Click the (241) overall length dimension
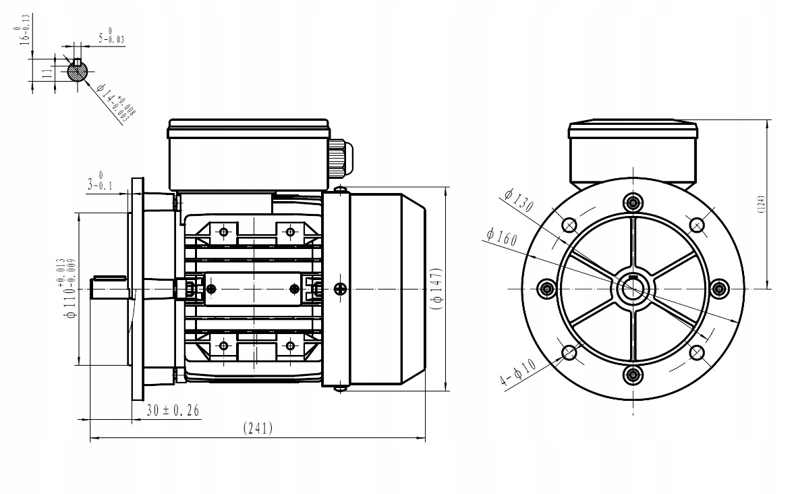point(257,429)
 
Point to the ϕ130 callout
point(518,200)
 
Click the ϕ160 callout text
point(500,237)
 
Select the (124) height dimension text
point(760,204)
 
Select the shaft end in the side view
point(108,288)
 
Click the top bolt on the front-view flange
point(633,202)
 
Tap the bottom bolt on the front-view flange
point(633,376)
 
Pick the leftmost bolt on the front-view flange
point(546,289)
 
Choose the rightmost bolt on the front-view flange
point(720,289)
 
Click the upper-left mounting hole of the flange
point(569,225)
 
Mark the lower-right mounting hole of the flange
point(696,352)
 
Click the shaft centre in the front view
point(633,289)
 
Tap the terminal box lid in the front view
point(633,129)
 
